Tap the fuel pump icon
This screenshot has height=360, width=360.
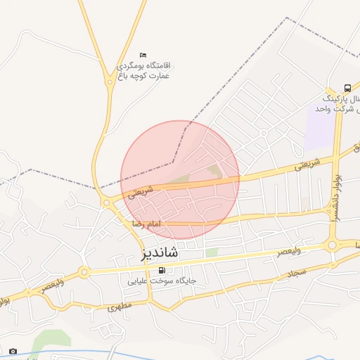[163, 271]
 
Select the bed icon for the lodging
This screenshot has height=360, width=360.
[143, 55]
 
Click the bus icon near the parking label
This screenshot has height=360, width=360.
[347, 88]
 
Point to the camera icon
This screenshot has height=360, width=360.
[13, 350]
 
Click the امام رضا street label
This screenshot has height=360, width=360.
[146, 223]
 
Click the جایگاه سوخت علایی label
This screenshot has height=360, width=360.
[162, 281]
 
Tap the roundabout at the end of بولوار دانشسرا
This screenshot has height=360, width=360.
[333, 245]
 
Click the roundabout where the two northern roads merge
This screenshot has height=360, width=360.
[110, 82]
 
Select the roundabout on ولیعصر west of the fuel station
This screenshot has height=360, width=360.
[84, 271]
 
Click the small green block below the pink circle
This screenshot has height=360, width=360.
[212, 252]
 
